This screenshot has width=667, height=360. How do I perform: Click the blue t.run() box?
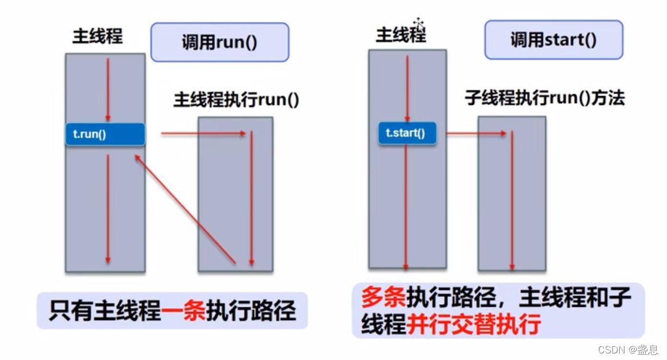[105, 134]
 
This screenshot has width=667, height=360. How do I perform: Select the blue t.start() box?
[407, 132]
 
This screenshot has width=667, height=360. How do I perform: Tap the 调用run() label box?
[219, 42]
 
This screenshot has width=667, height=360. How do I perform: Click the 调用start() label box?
[553, 40]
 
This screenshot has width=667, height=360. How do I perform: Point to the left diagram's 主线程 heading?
[98, 36]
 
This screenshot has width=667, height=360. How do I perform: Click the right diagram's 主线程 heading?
[401, 35]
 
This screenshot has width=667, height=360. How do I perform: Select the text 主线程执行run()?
[236, 100]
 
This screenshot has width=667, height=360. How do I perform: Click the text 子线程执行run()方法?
[545, 98]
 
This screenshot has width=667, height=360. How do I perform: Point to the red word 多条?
[383, 297]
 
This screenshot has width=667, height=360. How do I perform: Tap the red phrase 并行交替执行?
[474, 325]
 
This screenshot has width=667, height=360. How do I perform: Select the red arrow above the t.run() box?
[108, 90]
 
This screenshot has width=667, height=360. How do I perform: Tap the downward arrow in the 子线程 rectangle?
[512, 201]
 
